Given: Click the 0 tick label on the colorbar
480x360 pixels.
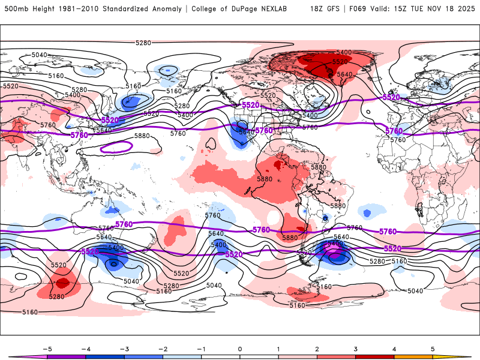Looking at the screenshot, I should pyautogui.click(x=239, y=348).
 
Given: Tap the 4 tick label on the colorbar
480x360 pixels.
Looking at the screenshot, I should pyautogui.click(x=394, y=348).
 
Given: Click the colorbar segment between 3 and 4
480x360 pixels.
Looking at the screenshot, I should pyautogui.click(x=374, y=356).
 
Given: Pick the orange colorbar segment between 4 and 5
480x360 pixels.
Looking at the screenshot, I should pyautogui.click(x=413, y=356).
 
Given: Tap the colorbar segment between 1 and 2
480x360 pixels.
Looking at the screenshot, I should pyautogui.click(x=298, y=356).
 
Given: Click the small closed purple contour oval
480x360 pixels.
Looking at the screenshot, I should pyautogui.click(x=116, y=146).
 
